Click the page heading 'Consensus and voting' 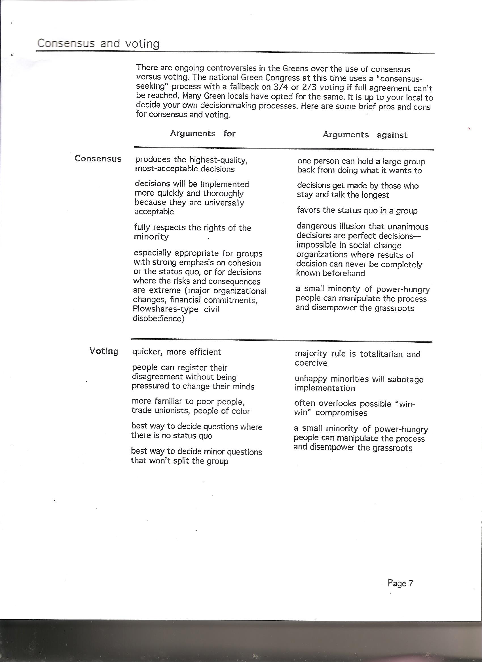click(98, 44)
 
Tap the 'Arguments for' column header click(202, 133)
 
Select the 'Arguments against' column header click(365, 135)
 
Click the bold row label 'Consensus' click(98, 159)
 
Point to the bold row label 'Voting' click(104, 351)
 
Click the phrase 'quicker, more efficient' click(177, 352)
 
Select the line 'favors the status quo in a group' click(357, 210)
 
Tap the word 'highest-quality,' click(218, 160)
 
